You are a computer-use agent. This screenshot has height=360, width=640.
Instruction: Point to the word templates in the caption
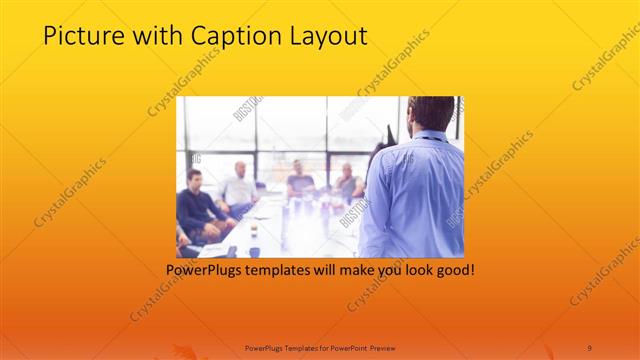coord(286,270)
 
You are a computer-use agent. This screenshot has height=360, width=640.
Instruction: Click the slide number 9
coord(589,347)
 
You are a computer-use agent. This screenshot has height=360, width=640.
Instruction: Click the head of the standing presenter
coord(431,113)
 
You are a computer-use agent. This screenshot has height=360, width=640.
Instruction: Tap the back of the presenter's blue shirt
coord(415,195)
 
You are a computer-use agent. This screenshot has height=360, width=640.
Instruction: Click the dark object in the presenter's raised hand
coord(389,134)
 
